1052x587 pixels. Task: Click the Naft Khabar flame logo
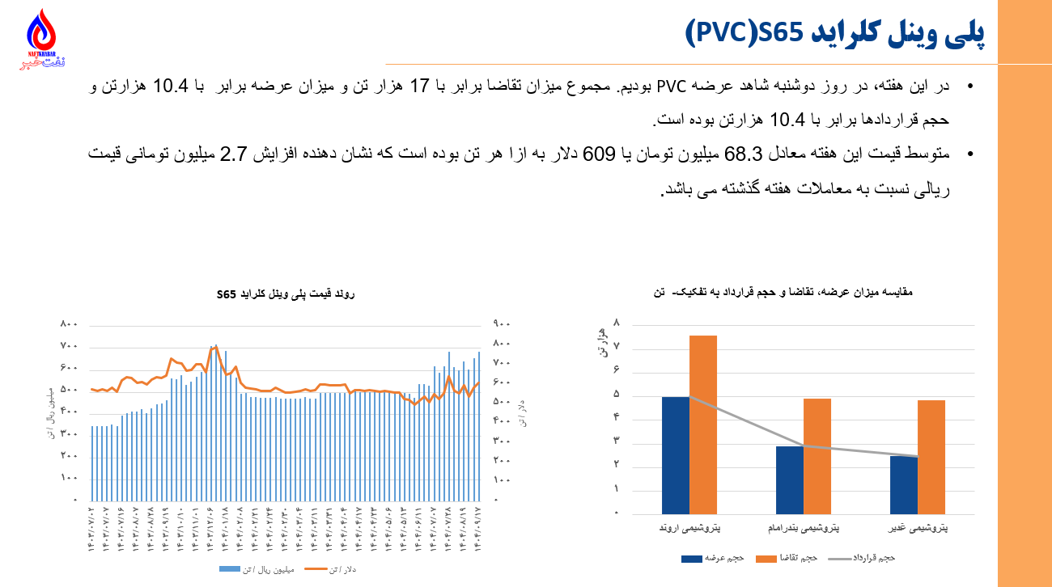coord(42,36)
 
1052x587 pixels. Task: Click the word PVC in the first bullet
coord(671,87)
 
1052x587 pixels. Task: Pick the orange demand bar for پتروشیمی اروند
coord(703,424)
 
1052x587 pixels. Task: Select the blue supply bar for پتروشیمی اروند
coord(676,455)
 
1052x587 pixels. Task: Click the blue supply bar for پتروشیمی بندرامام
coord(790,479)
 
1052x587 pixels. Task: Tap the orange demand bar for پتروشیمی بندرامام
coord(817,456)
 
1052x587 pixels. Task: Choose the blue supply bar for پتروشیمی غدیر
coord(904,484)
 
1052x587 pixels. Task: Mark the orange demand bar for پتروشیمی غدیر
coord(931,457)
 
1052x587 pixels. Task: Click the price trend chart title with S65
coord(286,294)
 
